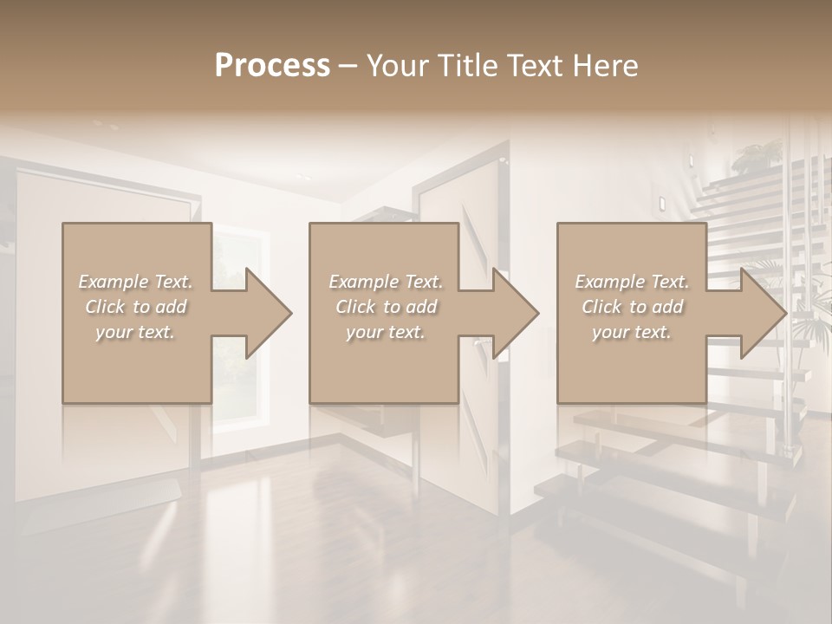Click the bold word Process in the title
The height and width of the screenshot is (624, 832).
(272, 66)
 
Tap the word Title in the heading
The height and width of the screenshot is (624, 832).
(465, 66)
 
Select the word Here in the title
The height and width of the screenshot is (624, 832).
(608, 66)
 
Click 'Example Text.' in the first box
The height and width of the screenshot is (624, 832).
(135, 282)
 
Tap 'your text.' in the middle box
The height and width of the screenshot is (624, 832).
(385, 332)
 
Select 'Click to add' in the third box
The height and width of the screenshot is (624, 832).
(632, 307)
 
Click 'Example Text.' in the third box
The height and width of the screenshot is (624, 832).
(632, 282)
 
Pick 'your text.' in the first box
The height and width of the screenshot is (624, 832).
(135, 332)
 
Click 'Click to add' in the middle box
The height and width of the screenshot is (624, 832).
(385, 307)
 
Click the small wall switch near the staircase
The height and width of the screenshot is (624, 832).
(662, 203)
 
